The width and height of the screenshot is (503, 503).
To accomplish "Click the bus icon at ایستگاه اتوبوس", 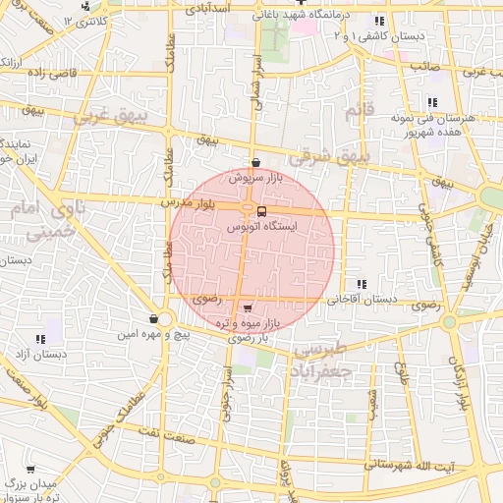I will [x=261, y=211].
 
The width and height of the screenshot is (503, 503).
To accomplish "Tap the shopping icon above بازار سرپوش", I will [x=255, y=163].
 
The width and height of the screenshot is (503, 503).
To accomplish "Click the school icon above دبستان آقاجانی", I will [x=362, y=284].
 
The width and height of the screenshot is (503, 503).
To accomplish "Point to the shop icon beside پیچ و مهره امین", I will [x=153, y=319].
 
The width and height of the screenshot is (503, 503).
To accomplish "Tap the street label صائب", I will [x=424, y=65].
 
